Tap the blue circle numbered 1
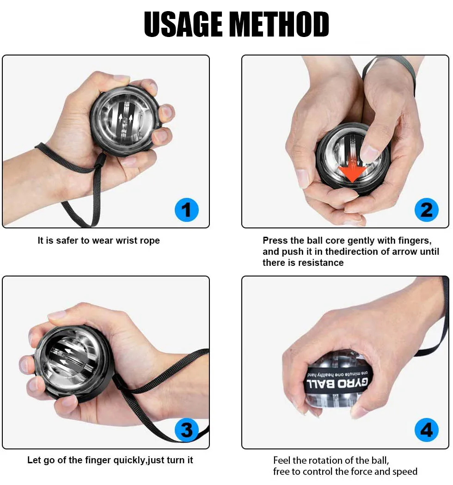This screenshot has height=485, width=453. click(186, 211)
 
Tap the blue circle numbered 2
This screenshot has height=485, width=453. click(426, 211)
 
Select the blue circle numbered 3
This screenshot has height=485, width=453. click(186, 430)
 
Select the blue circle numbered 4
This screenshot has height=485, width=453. click(426, 430)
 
